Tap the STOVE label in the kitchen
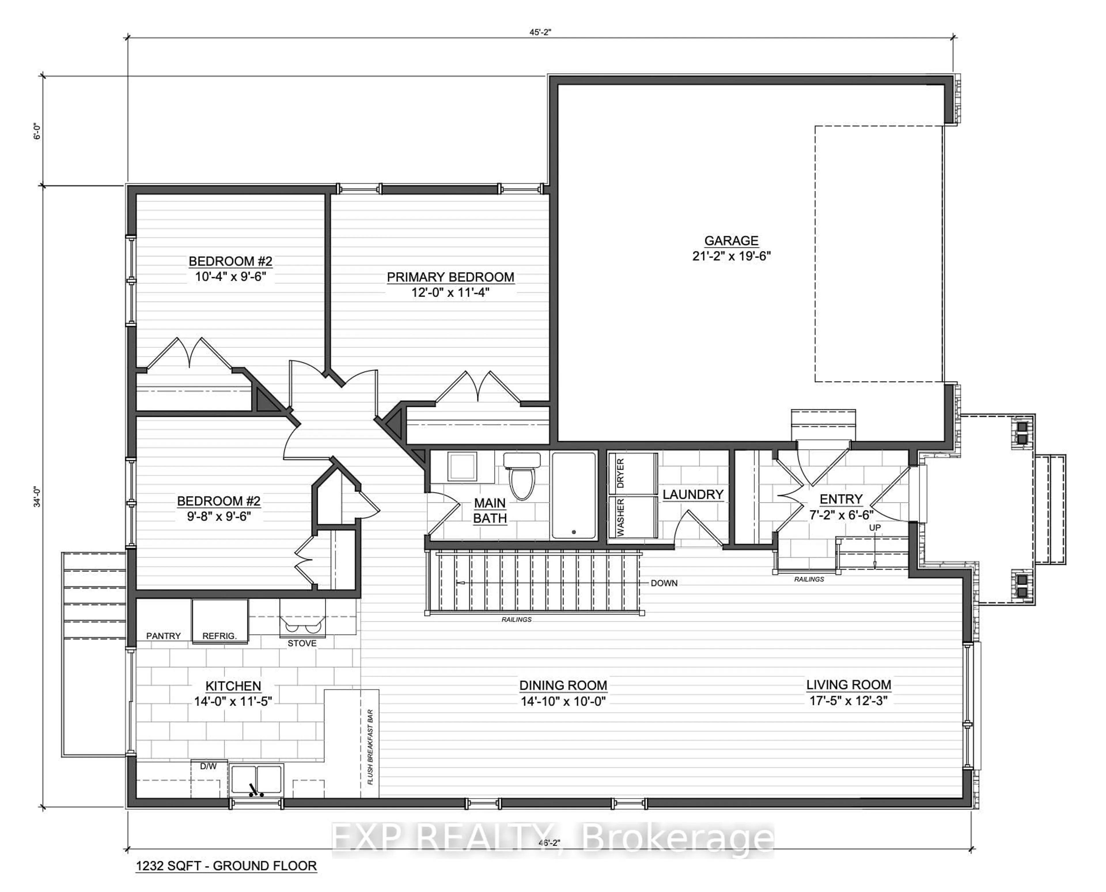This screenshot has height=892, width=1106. click(302, 643)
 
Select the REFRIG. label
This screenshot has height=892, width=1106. click(219, 636)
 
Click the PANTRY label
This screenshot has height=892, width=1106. click(163, 636)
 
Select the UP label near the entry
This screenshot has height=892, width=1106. click(874, 528)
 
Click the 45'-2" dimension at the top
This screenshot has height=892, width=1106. click(540, 32)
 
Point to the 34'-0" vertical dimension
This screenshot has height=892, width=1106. click(37, 496)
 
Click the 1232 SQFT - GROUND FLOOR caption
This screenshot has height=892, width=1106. click(226, 866)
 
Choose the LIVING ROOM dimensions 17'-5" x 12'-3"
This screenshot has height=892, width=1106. click(849, 701)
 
